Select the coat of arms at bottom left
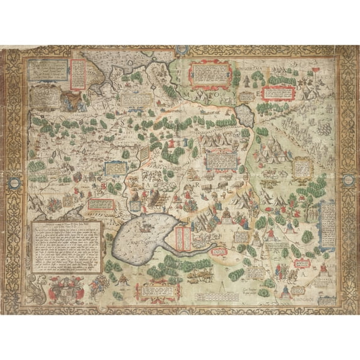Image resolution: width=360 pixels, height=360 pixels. [x=62, y=291]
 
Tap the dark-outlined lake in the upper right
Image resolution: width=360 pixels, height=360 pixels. [x=246, y=116]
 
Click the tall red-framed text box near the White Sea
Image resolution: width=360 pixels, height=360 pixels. [x=77, y=74]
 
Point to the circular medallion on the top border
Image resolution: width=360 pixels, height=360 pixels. [x=180, y=48]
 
